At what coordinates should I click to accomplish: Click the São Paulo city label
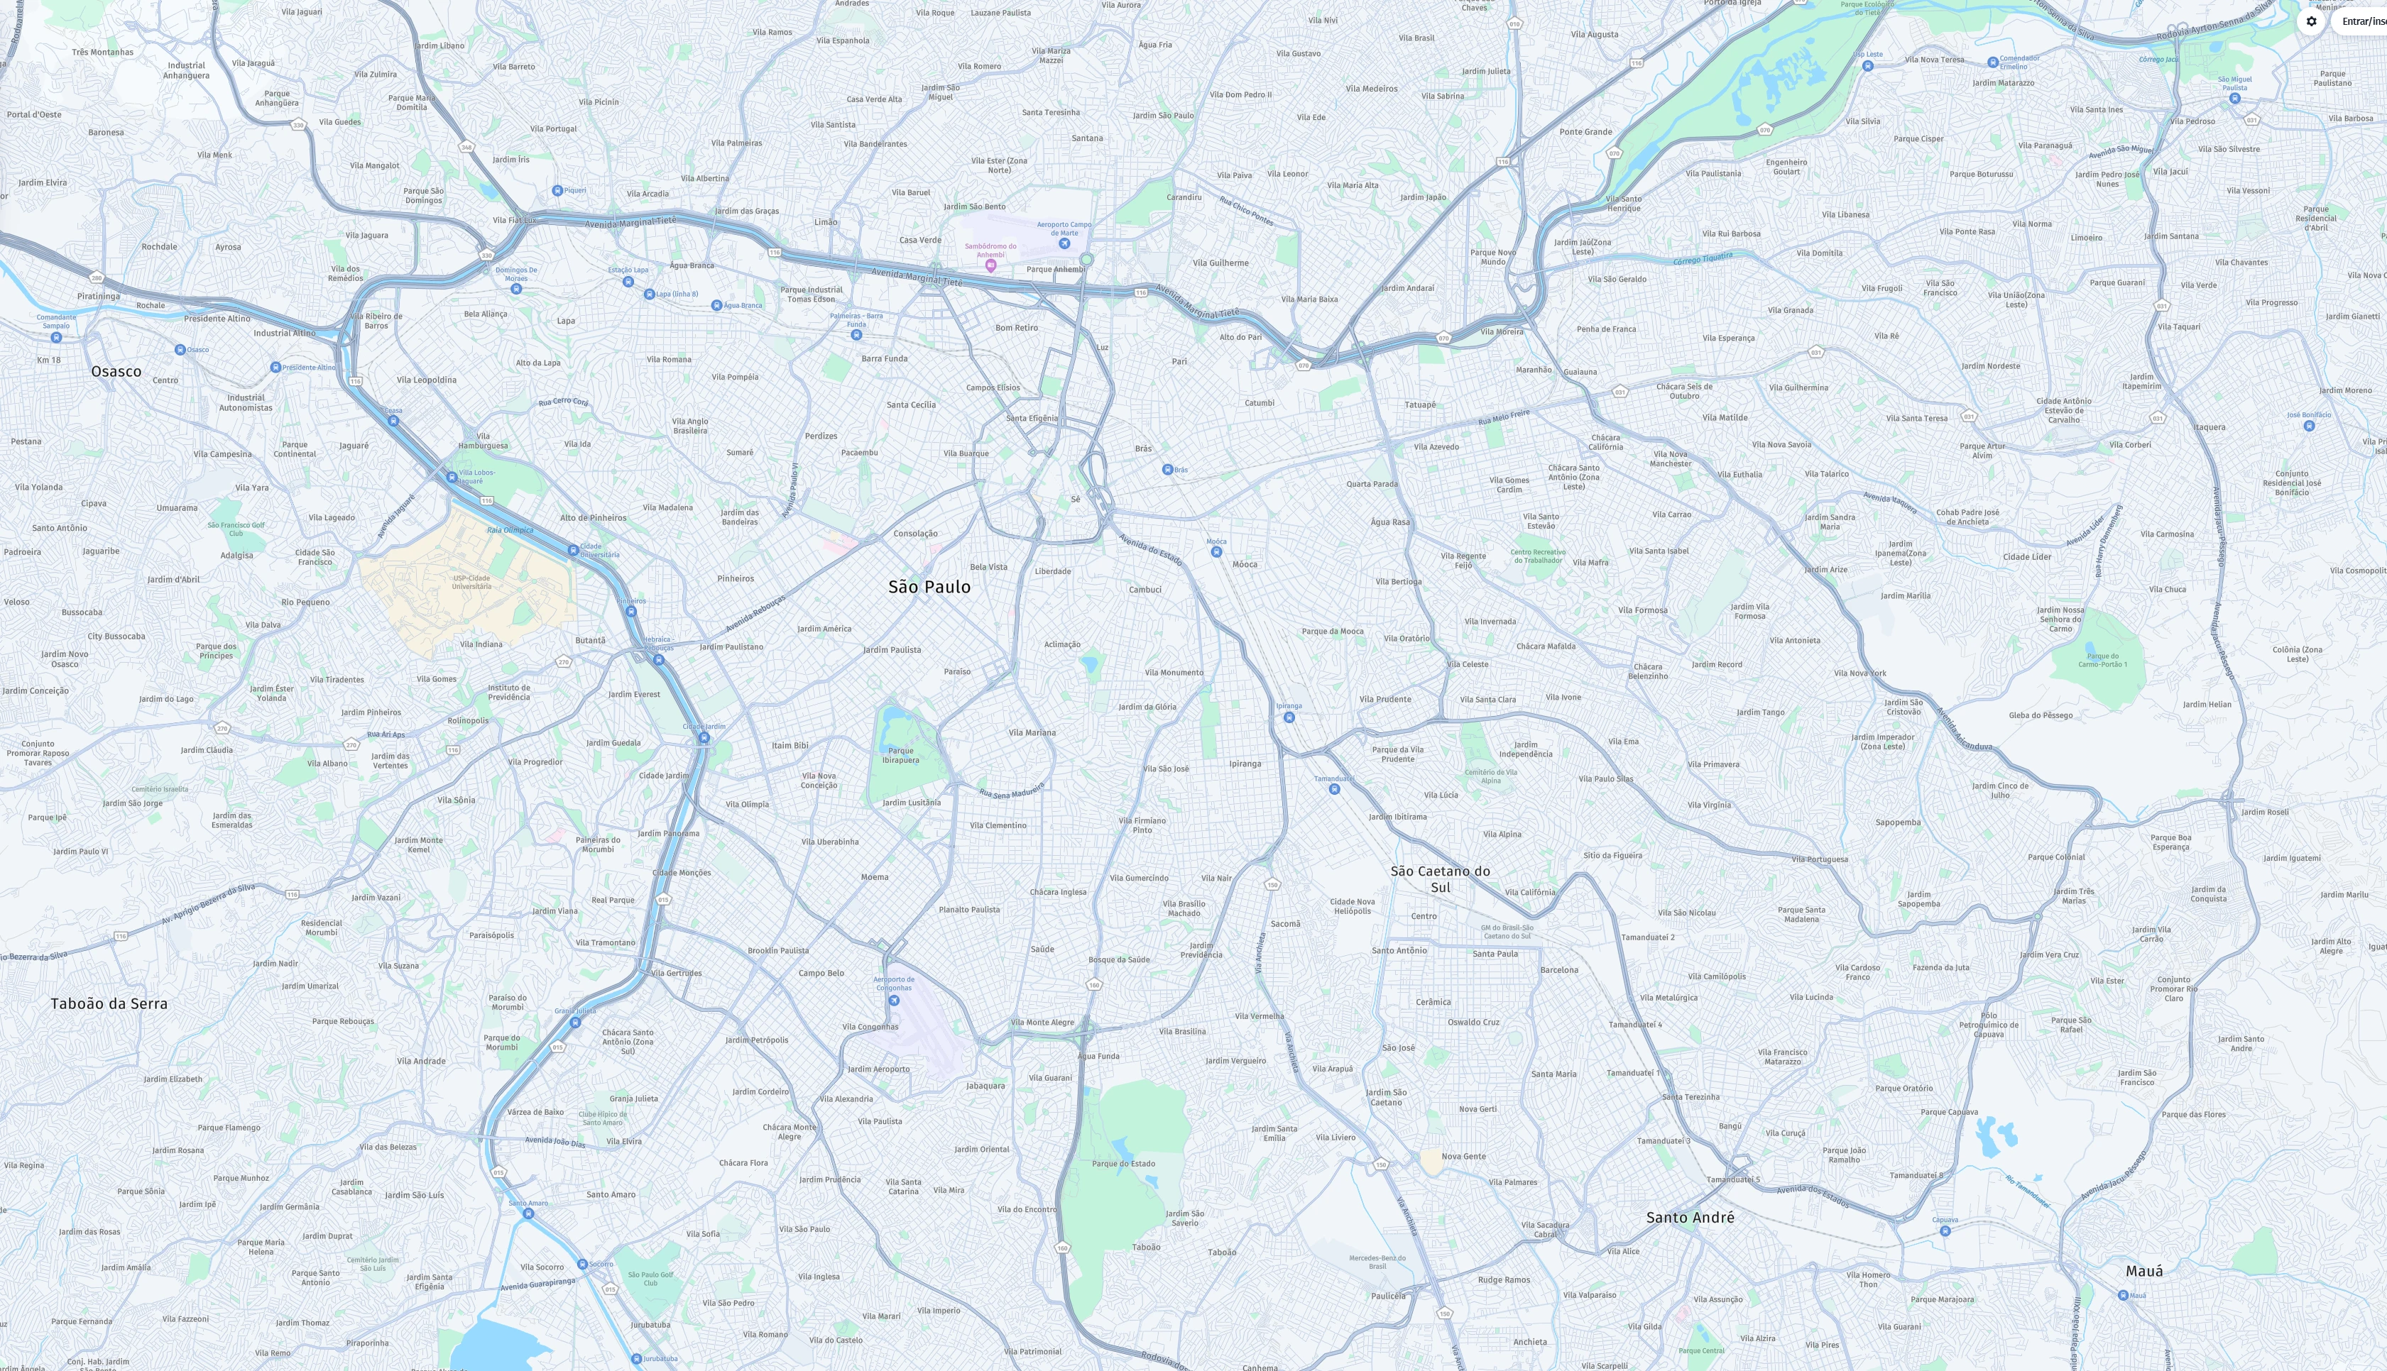(929, 587)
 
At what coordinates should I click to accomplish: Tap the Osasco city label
(116, 371)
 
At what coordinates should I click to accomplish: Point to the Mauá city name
(2144, 1270)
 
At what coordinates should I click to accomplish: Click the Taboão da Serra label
(109, 1003)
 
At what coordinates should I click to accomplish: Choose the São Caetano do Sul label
(1441, 879)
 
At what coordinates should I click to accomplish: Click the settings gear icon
(2311, 21)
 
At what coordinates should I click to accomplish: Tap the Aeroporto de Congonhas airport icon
(894, 1000)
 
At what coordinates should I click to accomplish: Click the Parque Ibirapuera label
(900, 755)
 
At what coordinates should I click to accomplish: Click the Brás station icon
(1167, 469)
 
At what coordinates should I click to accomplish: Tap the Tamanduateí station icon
(1334, 789)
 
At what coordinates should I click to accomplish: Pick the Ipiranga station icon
(1289, 717)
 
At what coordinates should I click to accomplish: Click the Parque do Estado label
(1123, 1163)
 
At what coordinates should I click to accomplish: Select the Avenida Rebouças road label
(755, 614)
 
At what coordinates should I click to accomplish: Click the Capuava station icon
(1944, 1230)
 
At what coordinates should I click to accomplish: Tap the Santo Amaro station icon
(528, 1213)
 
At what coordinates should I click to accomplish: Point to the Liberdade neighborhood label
(1052, 571)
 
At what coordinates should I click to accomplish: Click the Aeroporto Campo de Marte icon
(1064, 243)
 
